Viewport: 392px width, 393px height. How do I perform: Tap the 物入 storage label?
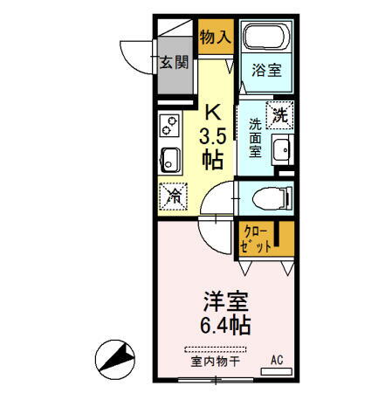[214, 37]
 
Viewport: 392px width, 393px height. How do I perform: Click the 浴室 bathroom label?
[267, 71]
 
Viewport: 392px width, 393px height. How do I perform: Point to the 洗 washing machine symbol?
[279, 114]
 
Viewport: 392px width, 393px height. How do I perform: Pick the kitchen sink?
[169, 161]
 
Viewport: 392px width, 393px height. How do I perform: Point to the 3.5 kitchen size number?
[213, 136]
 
